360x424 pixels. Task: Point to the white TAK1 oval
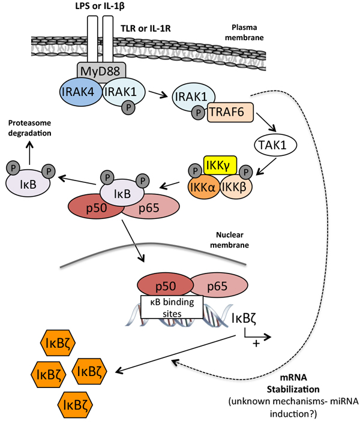click(x=274, y=144)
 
